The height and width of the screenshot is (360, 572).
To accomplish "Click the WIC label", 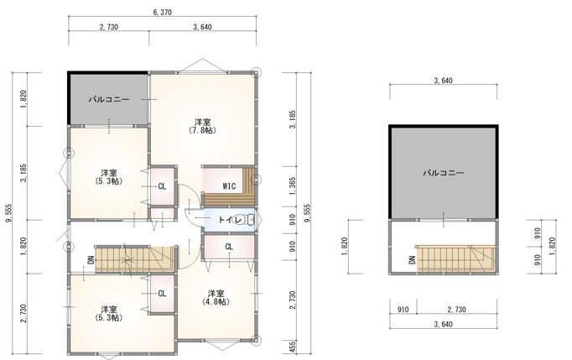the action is click(229, 186).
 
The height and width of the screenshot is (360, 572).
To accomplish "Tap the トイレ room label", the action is click(226, 220).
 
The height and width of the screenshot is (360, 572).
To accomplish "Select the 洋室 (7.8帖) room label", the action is click(202, 126).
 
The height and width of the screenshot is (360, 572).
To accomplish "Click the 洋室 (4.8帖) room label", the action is click(216, 298).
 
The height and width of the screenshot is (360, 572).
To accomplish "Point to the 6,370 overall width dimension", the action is click(163, 13).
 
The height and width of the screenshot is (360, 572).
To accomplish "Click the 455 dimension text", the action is click(293, 347).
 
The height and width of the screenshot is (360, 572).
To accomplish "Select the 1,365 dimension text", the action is click(293, 186).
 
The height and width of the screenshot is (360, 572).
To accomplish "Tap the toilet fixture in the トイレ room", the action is click(252, 220).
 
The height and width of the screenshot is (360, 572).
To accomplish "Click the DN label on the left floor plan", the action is click(91, 259).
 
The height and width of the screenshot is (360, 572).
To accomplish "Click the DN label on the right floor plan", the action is click(412, 259).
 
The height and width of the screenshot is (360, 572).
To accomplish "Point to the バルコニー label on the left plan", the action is click(109, 99).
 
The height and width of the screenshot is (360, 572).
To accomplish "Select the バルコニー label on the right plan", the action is click(443, 173).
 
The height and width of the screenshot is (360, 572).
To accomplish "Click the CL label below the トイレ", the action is click(229, 247).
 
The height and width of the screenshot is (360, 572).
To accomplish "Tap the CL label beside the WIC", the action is click(163, 186).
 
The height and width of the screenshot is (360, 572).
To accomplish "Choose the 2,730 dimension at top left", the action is click(109, 27).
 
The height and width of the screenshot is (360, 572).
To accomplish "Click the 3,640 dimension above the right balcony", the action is click(443, 81).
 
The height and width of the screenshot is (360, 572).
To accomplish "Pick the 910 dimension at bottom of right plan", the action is click(403, 310).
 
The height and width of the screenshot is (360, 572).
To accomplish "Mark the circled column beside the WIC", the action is click(257, 180).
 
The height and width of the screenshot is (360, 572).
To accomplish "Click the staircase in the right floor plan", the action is click(456, 258).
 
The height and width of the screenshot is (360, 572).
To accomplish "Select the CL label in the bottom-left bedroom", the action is click(163, 294).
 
